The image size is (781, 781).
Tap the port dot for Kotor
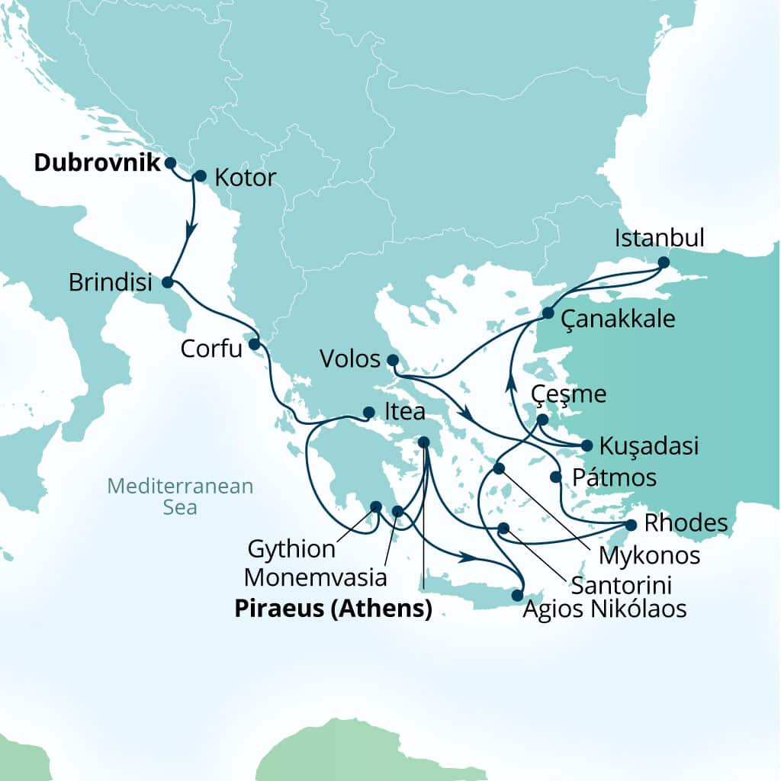[201, 176]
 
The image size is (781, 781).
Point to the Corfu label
[211, 349]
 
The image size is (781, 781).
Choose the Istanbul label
[659, 238]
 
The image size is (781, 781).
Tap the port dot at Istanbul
[663, 262]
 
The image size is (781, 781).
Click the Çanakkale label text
[618, 319]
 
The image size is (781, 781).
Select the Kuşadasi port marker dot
[586, 445]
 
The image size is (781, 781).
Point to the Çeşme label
[570, 394]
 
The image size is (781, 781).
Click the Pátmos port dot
[556, 477]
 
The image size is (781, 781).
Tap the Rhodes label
[685, 524]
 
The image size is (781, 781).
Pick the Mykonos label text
[649, 555]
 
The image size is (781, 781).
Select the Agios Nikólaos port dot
[518, 595]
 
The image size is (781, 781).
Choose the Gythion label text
[291, 548]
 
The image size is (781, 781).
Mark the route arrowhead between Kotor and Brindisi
[191, 227]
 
